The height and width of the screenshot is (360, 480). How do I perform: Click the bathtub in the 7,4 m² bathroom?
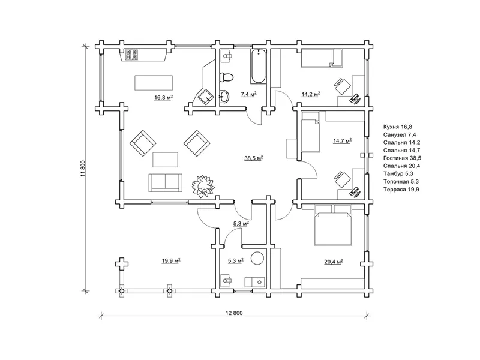(258, 66)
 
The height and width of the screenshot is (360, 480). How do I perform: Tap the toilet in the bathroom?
(227, 77)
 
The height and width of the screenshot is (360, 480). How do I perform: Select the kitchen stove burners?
(131, 54)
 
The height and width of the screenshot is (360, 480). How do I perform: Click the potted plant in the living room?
(203, 186)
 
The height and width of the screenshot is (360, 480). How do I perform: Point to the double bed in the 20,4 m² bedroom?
(333, 225)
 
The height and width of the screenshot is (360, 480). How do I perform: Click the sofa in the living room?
(166, 183)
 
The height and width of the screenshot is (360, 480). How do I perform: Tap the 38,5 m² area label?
(254, 158)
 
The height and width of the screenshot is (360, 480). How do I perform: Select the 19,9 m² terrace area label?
(171, 261)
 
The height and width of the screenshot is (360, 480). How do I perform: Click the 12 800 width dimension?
(234, 313)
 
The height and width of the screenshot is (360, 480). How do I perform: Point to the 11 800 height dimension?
(82, 169)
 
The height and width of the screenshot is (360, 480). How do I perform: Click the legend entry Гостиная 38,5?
(402, 158)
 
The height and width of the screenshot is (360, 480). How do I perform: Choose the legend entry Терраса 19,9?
(401, 190)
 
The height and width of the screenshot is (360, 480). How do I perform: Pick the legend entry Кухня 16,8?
(399, 127)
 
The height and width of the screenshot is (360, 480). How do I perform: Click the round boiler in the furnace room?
(257, 258)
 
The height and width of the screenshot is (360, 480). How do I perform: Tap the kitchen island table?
(154, 83)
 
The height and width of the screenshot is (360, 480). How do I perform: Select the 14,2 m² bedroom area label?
(311, 94)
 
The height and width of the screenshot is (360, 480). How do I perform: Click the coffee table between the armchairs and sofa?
(166, 160)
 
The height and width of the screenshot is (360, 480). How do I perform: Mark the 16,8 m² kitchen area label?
(163, 98)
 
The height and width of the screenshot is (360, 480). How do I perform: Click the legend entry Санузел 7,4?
(400, 134)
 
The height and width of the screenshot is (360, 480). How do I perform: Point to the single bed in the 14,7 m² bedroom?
(310, 131)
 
